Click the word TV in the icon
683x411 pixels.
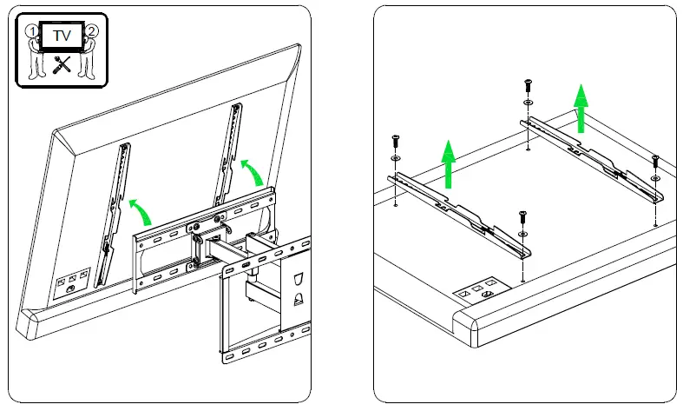(x=61, y=37)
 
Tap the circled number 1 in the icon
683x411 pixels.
(x=33, y=30)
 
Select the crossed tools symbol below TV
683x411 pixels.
(x=62, y=63)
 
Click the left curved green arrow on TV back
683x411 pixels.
(x=141, y=209)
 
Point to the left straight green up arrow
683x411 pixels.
(x=448, y=164)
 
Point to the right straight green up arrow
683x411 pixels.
(x=581, y=109)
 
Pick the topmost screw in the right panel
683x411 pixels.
(x=528, y=86)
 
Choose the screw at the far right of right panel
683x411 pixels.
(x=655, y=161)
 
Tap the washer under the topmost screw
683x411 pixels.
(x=528, y=103)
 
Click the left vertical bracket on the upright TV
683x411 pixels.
(x=115, y=213)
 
